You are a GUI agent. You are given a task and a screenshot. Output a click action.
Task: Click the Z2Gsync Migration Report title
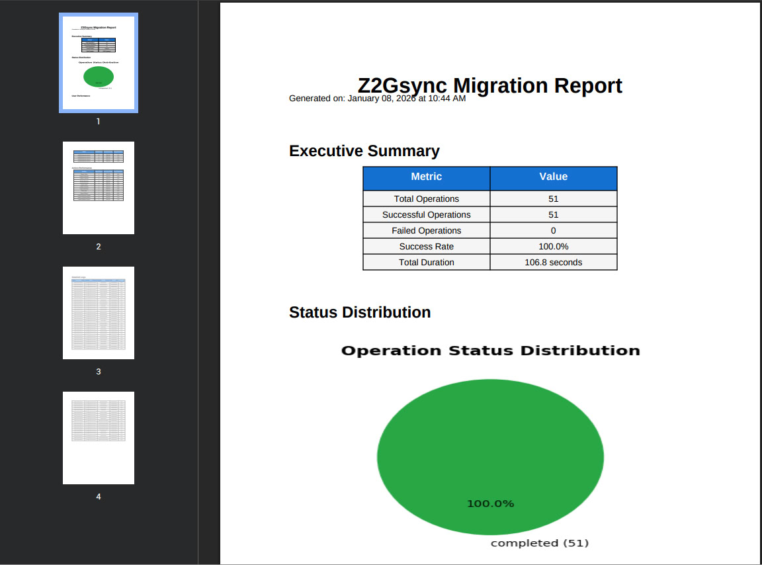489,85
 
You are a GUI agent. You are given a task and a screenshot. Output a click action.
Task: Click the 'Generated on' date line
377,99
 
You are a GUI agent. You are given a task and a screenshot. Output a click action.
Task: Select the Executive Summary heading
364,151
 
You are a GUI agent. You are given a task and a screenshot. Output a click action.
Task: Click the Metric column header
426,177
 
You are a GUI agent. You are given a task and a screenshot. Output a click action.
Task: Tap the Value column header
553,177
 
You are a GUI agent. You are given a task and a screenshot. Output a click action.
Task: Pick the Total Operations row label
426,198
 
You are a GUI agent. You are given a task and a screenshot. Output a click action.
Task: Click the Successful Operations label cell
426,214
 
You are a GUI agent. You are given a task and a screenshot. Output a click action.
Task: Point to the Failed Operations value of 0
553,230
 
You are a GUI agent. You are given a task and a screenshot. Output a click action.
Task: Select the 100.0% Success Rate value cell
553,246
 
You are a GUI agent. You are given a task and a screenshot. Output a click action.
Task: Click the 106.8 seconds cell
553,262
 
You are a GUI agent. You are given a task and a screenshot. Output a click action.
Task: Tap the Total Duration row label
426,262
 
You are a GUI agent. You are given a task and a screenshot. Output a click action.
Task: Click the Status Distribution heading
359,312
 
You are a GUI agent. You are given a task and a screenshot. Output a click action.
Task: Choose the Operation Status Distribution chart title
490,351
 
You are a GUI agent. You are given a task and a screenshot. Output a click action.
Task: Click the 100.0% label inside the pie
490,503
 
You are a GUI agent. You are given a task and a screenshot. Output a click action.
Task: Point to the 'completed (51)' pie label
539,543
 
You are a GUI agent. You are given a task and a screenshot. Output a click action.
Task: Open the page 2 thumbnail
99,188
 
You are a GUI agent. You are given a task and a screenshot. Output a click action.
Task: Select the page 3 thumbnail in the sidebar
99,313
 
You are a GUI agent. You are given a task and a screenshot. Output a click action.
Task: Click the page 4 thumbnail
99,438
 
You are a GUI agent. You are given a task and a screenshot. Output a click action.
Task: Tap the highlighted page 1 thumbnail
99,63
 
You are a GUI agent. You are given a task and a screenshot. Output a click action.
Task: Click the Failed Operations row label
426,230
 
